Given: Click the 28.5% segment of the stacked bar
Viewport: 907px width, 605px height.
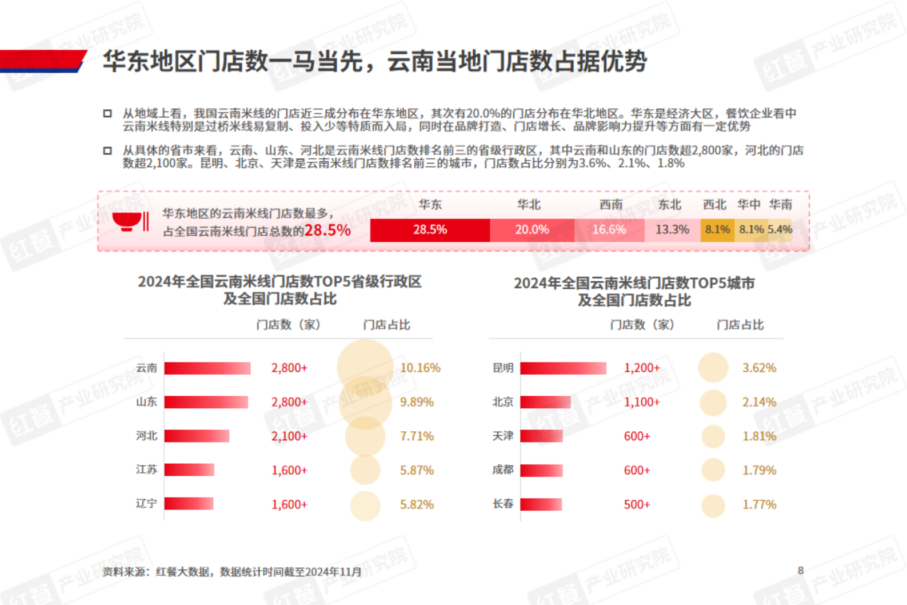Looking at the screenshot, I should tap(430, 230).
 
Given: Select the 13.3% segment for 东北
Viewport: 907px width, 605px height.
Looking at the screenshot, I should tap(672, 230).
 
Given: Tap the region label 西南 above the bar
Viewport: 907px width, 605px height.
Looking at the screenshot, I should tap(611, 205).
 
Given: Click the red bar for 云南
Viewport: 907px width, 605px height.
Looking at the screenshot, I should tap(207, 368).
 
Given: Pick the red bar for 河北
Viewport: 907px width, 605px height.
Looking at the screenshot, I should tap(197, 436).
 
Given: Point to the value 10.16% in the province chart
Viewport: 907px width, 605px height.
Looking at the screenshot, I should tap(420, 368).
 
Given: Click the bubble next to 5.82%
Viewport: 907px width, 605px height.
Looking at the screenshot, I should tap(365, 506).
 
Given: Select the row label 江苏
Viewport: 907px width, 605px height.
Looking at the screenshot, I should tap(146, 469).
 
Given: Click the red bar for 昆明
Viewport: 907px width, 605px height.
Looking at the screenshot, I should tap(563, 368).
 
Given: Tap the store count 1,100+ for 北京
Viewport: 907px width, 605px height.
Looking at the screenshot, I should tap(641, 402).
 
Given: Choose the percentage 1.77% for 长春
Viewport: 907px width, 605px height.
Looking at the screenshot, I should tap(759, 505).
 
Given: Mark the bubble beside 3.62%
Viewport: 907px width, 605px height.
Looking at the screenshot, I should tap(713, 368).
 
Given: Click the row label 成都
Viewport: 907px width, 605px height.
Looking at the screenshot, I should tap(503, 469).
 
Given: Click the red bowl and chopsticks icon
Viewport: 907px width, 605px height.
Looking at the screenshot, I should tap(131, 221).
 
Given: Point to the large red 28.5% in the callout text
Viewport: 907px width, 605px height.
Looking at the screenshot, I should tap(327, 230).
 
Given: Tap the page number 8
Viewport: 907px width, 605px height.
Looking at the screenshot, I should tap(801, 570).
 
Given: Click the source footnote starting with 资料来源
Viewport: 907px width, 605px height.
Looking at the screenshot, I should tap(231, 572).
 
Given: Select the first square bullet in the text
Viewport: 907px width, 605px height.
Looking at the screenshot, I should tap(107, 113).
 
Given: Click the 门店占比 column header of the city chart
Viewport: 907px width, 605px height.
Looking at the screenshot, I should tap(740, 325).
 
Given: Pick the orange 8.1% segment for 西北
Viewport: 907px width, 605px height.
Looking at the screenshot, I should tap(717, 230).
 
